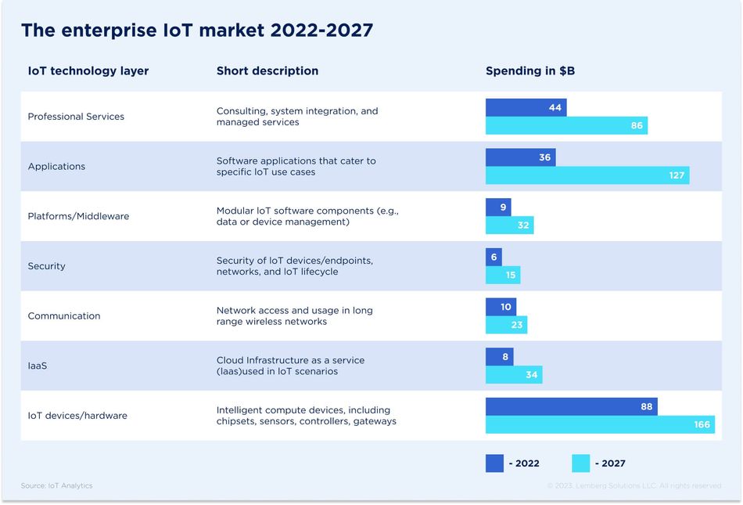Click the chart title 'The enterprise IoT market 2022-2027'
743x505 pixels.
pyautogui.click(x=196, y=31)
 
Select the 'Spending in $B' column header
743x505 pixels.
pyautogui.click(x=530, y=71)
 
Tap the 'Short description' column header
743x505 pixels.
pyautogui.click(x=267, y=71)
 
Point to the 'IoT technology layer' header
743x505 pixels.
pyautogui.click(x=88, y=71)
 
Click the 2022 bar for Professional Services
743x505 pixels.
pyautogui.click(x=526, y=107)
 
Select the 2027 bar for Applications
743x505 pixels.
pyautogui.click(x=587, y=175)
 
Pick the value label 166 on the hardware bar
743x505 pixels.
pyautogui.click(x=702, y=424)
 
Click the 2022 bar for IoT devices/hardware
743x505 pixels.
pyautogui.click(x=571, y=406)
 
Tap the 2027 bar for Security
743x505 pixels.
pyautogui.click(x=503, y=275)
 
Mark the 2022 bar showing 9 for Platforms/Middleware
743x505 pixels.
pyautogui.click(x=498, y=207)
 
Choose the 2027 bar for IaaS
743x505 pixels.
pyautogui.click(x=514, y=375)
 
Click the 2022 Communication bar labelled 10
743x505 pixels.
pyautogui.click(x=501, y=307)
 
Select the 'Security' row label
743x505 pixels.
pyautogui.click(x=47, y=266)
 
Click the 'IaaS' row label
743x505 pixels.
pyautogui.click(x=38, y=366)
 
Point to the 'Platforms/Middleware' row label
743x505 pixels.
pyautogui.click(x=78, y=216)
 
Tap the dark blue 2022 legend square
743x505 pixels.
pyautogui.click(x=494, y=464)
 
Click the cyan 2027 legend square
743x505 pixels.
pyautogui.click(x=580, y=464)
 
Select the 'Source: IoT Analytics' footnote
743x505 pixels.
pyautogui.click(x=57, y=486)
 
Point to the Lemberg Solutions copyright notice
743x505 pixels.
pyautogui.click(x=634, y=486)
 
